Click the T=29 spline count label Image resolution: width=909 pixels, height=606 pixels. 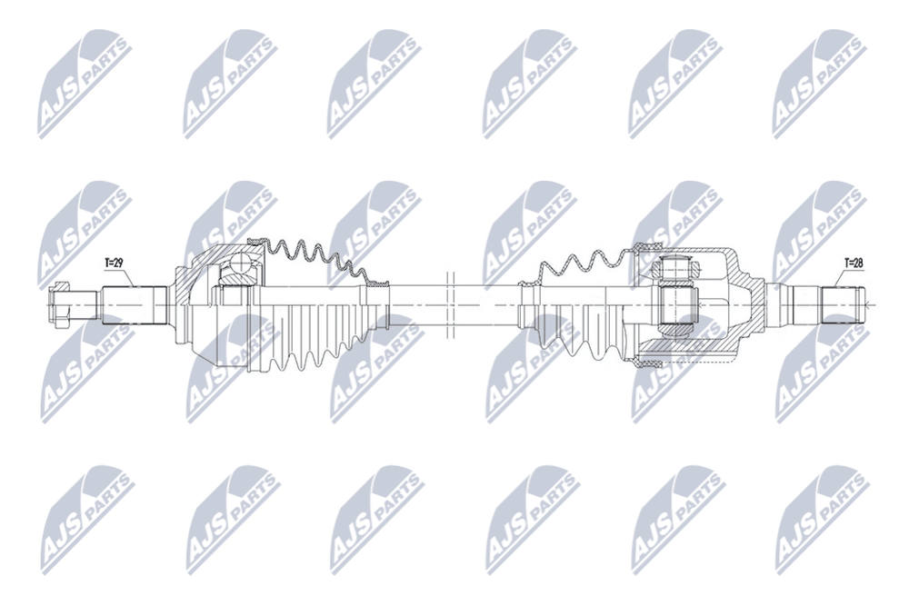(114, 263)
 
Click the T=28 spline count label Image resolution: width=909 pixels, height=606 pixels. (854, 263)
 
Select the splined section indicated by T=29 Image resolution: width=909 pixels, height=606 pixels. (135, 304)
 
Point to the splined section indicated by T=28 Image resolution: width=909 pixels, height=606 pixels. (841, 304)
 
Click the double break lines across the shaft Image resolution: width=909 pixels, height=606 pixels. (451, 305)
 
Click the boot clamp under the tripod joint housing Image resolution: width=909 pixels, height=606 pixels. (647, 363)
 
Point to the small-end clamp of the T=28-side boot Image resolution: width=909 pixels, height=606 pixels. (526, 283)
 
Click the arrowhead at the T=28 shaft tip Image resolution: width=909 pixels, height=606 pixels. (866, 304)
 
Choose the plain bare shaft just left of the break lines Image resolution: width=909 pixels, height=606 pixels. (417, 305)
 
